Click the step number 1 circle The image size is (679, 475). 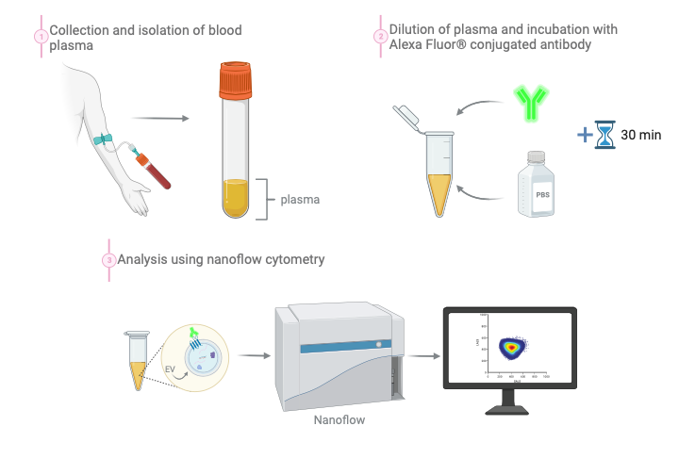click(41, 37)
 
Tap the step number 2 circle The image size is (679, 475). click(380, 37)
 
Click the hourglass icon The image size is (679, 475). click(605, 135)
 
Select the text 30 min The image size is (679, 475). click(641, 135)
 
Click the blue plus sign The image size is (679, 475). click(585, 135)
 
